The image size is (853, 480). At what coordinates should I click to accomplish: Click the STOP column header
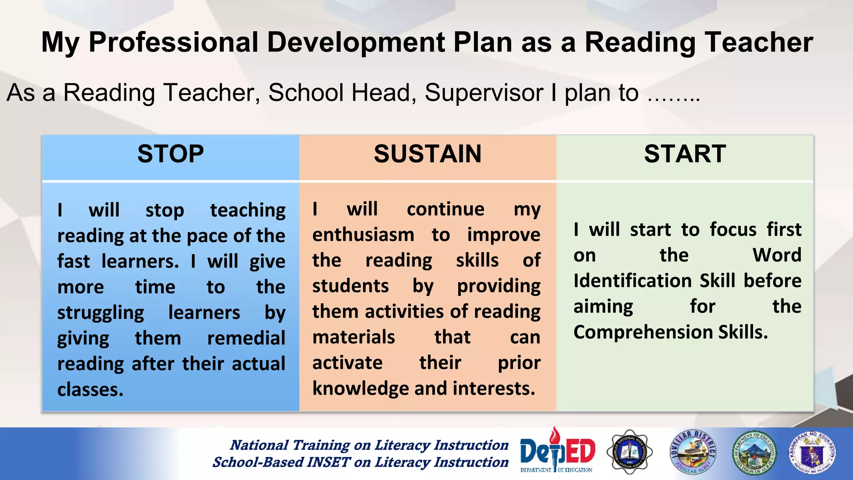(170, 154)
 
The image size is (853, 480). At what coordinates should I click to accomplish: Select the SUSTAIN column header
(427, 154)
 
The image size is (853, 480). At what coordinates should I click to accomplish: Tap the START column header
(685, 154)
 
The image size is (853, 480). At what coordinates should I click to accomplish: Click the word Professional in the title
(174, 42)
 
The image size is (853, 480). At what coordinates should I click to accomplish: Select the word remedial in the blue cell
(246, 338)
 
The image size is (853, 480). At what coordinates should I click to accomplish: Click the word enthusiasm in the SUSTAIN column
(363, 235)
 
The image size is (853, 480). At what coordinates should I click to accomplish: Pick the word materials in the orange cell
(354, 337)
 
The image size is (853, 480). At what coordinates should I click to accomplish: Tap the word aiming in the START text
(603, 307)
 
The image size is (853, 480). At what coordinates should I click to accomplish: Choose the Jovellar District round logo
(692, 452)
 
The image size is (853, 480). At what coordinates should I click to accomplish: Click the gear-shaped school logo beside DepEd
(629, 452)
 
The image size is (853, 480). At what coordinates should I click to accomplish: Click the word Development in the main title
(356, 42)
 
